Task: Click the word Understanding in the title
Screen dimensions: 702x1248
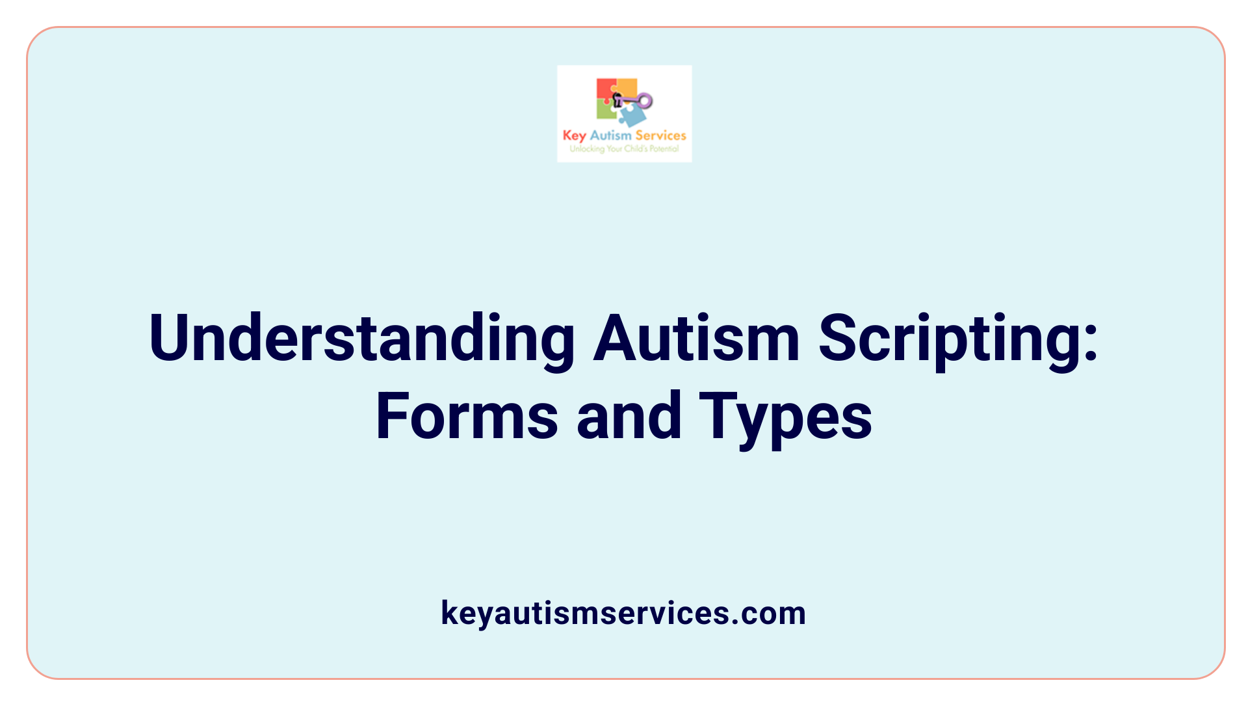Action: click(x=361, y=338)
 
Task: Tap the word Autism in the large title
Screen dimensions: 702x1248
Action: click(x=696, y=338)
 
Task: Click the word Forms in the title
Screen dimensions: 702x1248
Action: click(x=467, y=416)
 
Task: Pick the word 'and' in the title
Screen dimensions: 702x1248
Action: click(x=629, y=416)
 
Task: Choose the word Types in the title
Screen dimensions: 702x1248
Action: click(x=785, y=417)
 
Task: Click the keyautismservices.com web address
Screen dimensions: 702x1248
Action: click(x=623, y=613)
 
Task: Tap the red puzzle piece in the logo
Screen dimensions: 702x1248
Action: click(x=605, y=90)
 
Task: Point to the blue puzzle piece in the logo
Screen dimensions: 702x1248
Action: click(x=631, y=116)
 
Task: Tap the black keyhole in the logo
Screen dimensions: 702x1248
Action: click(x=617, y=100)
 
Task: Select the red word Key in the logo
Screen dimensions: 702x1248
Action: click(x=574, y=136)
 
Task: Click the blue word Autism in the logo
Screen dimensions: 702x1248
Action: click(x=610, y=135)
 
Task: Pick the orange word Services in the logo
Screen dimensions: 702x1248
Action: click(x=660, y=135)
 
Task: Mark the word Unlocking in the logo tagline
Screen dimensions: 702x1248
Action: click(x=587, y=149)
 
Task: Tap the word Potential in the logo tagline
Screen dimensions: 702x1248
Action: click(x=664, y=149)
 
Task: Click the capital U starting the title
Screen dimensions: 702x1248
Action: click(x=170, y=338)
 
